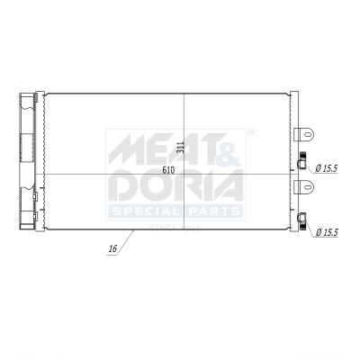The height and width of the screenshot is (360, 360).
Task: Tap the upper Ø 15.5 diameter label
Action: point(328,167)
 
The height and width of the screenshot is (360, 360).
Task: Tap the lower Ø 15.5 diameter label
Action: point(328,232)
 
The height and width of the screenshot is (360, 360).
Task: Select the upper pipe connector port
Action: point(302,164)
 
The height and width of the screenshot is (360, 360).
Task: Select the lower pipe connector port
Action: point(302,216)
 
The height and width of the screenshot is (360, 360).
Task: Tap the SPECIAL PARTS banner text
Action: point(175,211)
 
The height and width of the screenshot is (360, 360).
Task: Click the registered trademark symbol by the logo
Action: point(249,132)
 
